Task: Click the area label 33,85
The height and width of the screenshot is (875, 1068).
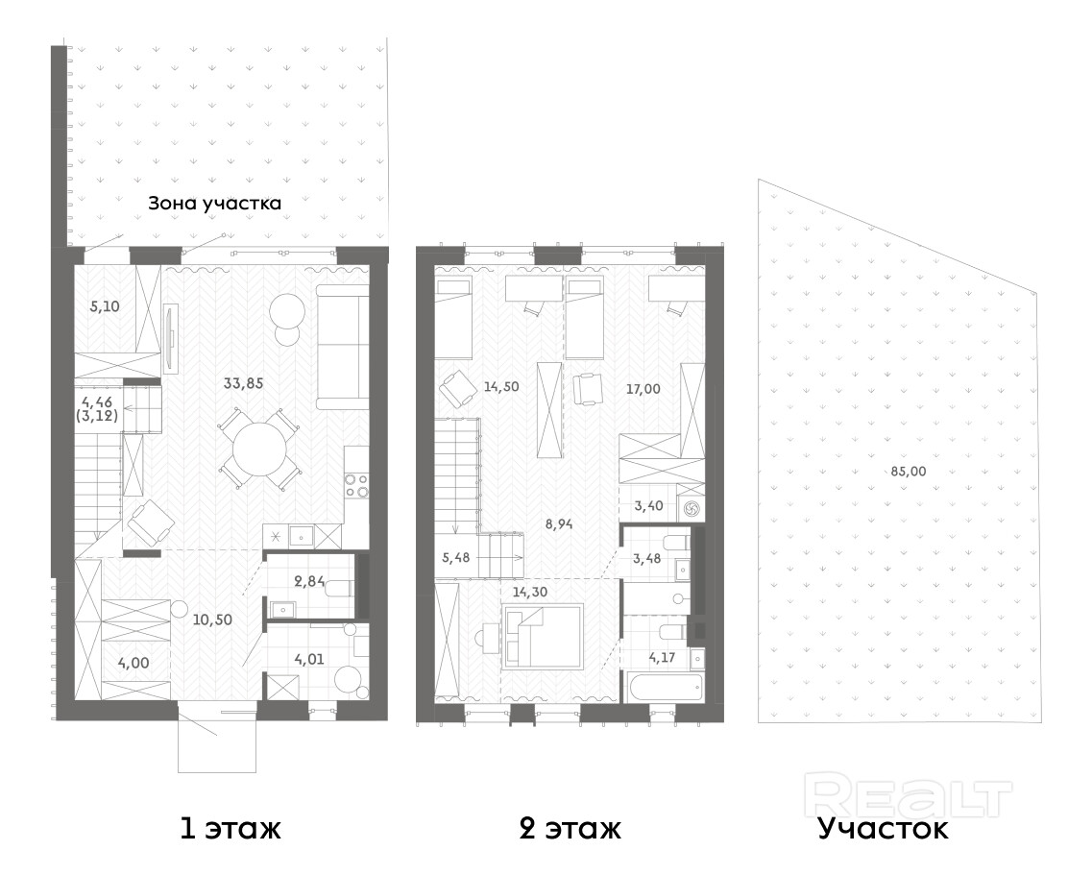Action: [x=243, y=383]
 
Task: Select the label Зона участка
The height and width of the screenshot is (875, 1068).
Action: [x=214, y=203]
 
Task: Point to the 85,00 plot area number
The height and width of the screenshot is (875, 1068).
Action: [x=909, y=471]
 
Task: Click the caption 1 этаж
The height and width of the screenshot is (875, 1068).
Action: [x=231, y=829]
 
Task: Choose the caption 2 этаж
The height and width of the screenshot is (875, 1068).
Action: [x=570, y=829]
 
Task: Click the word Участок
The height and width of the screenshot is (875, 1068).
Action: [x=883, y=829]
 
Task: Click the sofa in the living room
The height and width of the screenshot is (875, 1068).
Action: [x=343, y=348]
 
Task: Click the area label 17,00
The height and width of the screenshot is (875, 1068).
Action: [x=643, y=389]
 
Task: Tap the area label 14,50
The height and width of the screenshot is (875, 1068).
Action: [x=501, y=387]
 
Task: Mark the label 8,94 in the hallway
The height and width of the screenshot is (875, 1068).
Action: [x=559, y=523]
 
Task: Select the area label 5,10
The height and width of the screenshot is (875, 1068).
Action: [x=105, y=306]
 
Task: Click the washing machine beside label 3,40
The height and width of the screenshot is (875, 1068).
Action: [x=690, y=507]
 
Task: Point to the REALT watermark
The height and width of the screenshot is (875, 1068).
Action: [x=908, y=794]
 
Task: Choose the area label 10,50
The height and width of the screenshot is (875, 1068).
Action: [x=212, y=620]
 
